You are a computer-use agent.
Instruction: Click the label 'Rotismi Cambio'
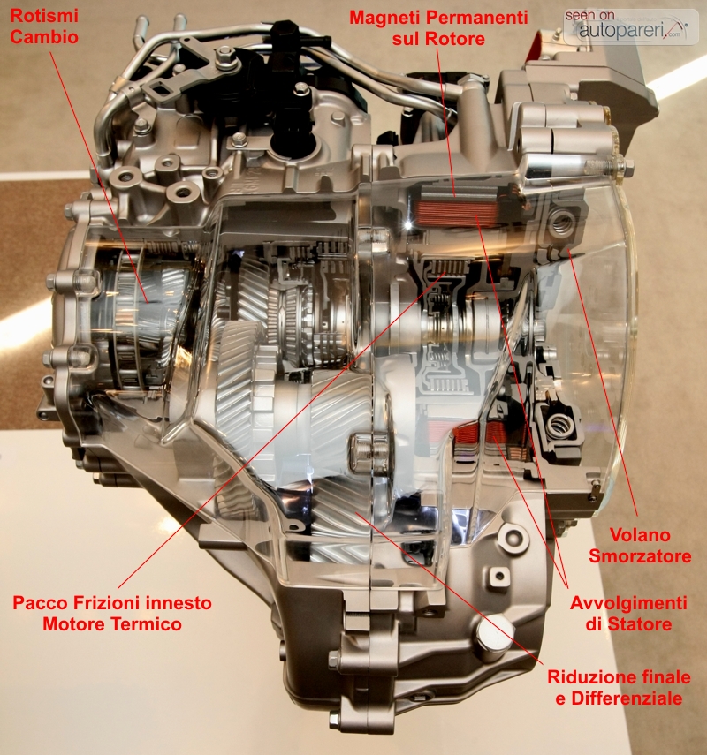pyautogui.click(x=44, y=26)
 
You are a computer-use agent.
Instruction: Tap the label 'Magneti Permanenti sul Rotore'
pyautogui.click(x=438, y=28)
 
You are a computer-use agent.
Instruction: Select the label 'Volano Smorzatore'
pyautogui.click(x=640, y=546)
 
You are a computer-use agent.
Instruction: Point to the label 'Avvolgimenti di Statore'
pyautogui.click(x=628, y=614)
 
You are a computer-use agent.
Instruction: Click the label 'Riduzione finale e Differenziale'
pyautogui.click(x=619, y=688)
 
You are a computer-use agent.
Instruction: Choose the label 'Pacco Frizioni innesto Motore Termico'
pyautogui.click(x=112, y=614)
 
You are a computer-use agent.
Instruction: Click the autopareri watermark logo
pyautogui.click(x=630, y=26)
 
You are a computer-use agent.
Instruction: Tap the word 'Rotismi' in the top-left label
pyautogui.click(x=44, y=16)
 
